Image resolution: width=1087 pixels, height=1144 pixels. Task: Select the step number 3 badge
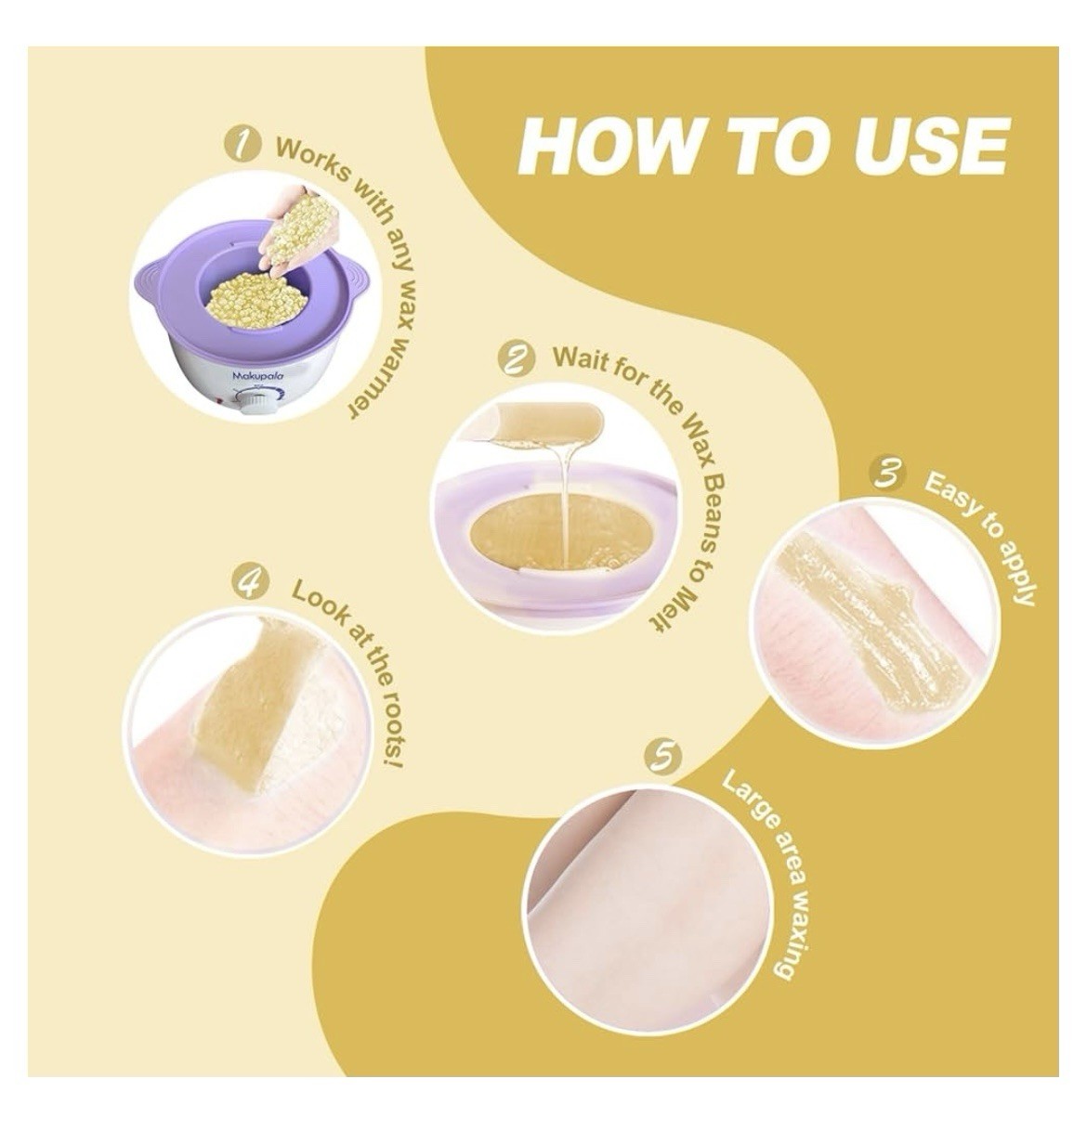886,474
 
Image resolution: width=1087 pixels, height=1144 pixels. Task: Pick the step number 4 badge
250,584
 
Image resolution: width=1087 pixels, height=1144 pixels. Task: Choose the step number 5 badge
663,758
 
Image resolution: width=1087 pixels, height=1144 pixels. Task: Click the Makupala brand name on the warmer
258,376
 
